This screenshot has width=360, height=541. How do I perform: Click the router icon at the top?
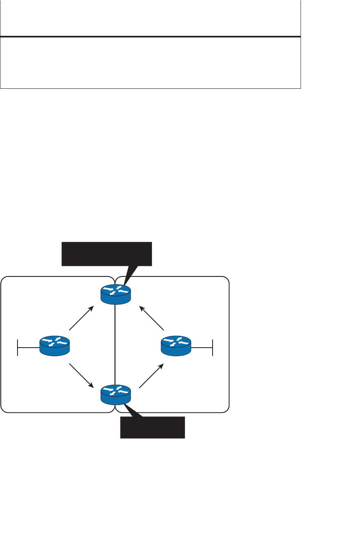tap(116, 293)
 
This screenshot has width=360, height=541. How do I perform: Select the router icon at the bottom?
tap(116, 394)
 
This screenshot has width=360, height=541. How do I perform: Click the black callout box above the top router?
tap(106, 254)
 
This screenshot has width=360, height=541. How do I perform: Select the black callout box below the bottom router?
tap(152, 427)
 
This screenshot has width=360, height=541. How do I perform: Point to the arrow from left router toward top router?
tap(81, 318)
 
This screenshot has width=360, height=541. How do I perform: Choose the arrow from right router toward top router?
tap(151, 318)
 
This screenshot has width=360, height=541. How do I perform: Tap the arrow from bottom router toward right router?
tap(151, 375)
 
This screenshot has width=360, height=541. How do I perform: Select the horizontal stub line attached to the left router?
tap(29, 348)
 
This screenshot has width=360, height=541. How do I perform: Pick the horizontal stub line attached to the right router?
tap(202, 348)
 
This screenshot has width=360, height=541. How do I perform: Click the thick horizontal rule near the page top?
tap(150, 37)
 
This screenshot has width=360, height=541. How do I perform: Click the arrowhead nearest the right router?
tap(162, 366)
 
